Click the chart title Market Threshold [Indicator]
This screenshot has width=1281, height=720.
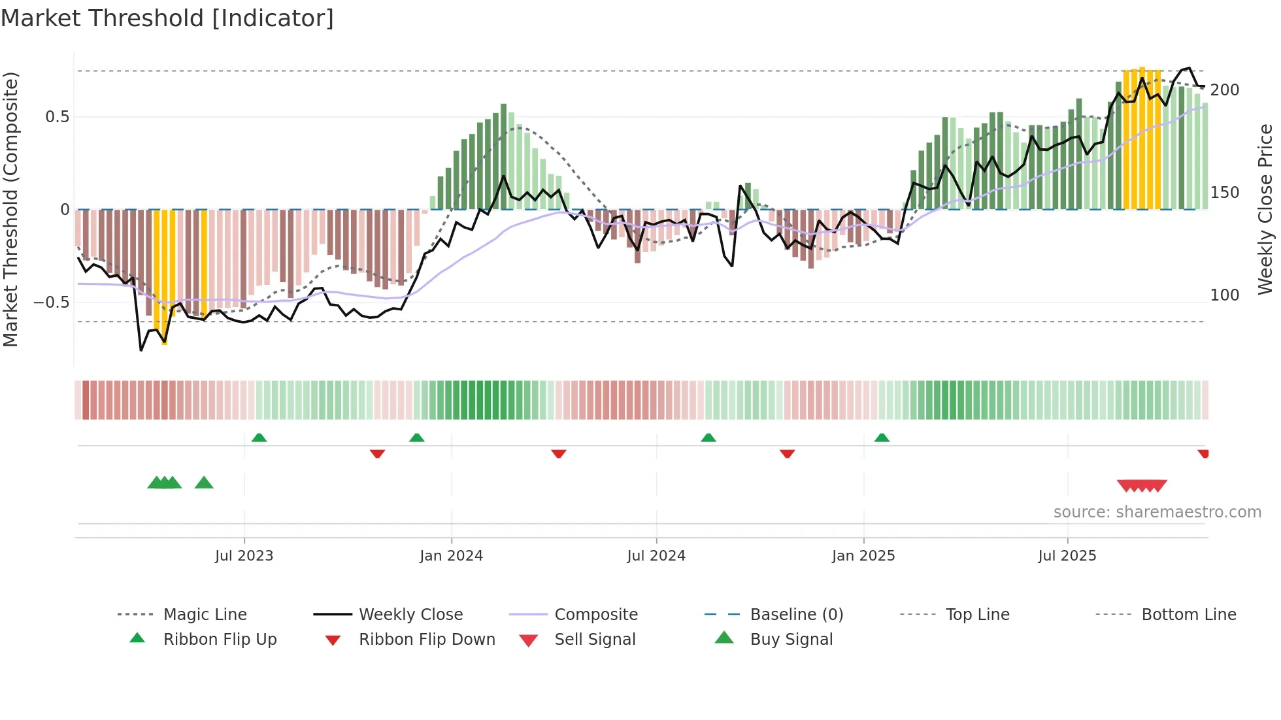167,18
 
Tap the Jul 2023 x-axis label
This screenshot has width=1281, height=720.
244,556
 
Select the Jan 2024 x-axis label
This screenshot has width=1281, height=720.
451,556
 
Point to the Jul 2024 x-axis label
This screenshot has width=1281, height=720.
656,556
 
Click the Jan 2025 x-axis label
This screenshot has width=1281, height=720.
863,556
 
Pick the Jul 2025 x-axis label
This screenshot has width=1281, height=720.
1067,556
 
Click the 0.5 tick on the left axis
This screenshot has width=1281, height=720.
57,117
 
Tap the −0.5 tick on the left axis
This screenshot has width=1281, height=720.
52,303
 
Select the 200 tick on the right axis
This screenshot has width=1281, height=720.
1224,90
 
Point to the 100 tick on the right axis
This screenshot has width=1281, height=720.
1224,295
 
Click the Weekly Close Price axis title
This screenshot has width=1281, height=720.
1265,209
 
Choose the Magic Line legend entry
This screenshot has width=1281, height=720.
205,615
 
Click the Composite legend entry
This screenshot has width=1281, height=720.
595,615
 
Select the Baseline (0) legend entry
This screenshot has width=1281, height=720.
796,615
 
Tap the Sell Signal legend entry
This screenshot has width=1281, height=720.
594,640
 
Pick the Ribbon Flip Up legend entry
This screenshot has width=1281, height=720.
220,640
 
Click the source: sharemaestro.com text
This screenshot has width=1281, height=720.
1157,512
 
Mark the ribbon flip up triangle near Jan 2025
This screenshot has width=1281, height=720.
882,438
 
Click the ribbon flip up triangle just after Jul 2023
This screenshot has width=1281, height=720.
259,438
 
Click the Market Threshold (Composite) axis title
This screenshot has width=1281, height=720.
10,209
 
